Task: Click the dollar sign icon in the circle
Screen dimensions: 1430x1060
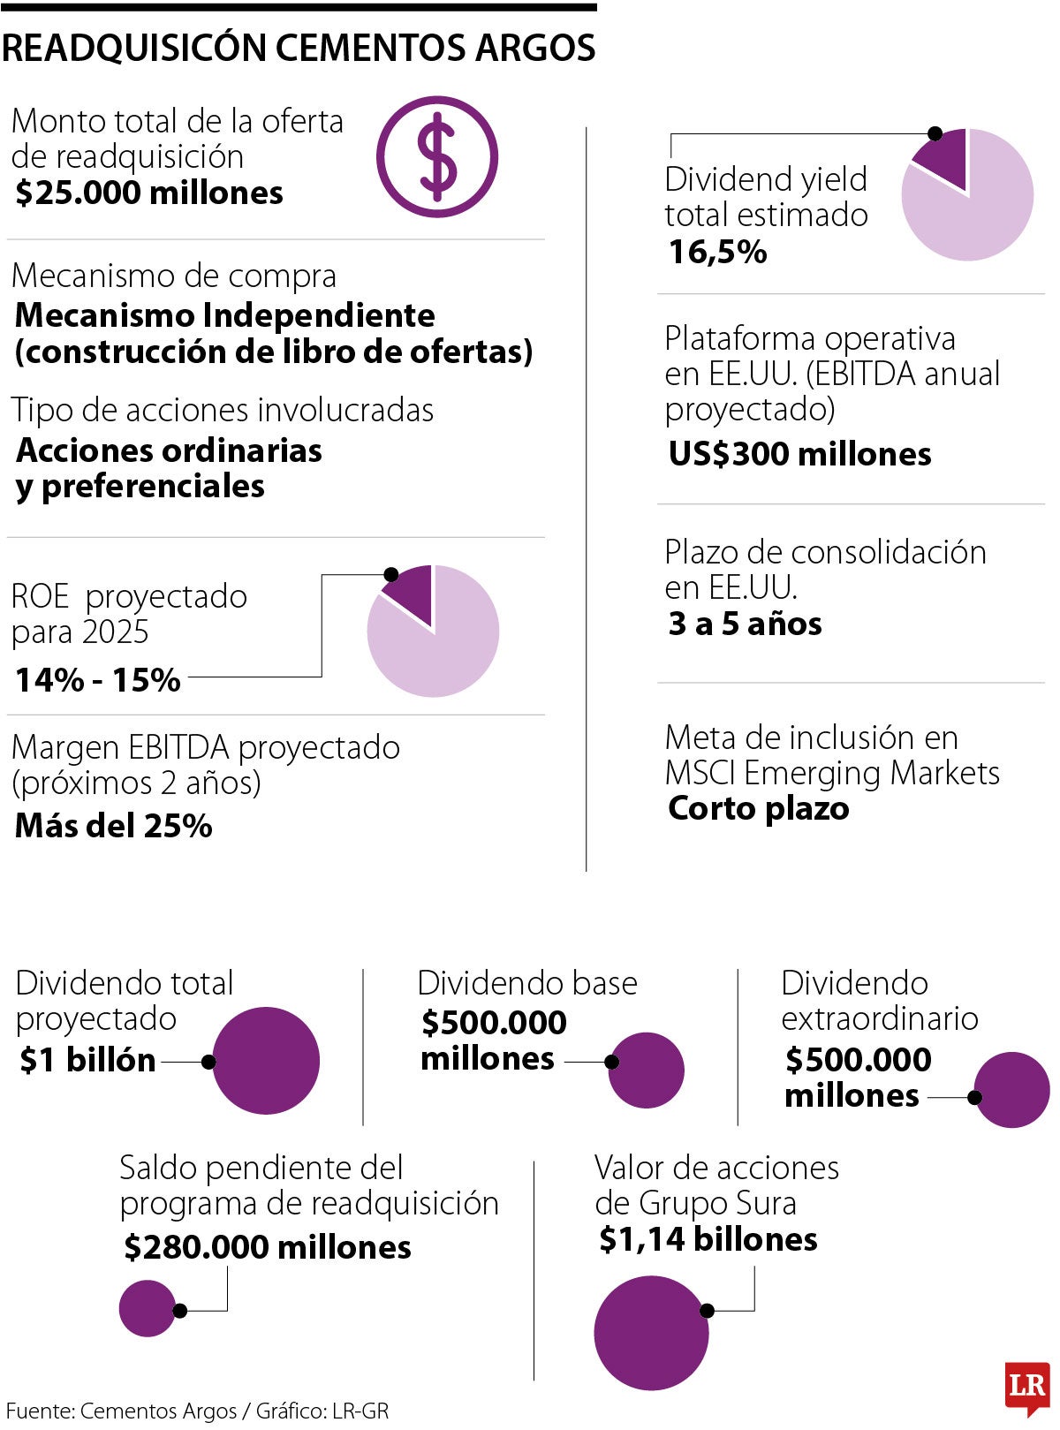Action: pyautogui.click(x=437, y=157)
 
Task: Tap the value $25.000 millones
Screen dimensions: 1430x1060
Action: pyautogui.click(x=149, y=193)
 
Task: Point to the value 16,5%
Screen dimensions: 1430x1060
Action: pyautogui.click(x=717, y=253)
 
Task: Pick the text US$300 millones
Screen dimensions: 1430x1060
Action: pyautogui.click(x=799, y=454)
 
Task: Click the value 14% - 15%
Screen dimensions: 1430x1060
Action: pyautogui.click(x=98, y=680)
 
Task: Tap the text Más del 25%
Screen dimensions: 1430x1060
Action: pyautogui.click(x=114, y=826)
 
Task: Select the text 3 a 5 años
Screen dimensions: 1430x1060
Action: pyautogui.click(x=745, y=624)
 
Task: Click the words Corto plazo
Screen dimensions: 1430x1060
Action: pyautogui.click(x=758, y=808)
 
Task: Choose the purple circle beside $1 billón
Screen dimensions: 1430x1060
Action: pyautogui.click(x=266, y=1060)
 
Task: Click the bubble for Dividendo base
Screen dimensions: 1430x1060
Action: pyautogui.click(x=647, y=1070)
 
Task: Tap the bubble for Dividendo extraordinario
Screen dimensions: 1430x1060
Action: pyautogui.click(x=1012, y=1090)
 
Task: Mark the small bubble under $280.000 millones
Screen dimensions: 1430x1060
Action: pyautogui.click(x=148, y=1308)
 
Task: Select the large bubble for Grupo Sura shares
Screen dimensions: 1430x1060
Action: pyautogui.click(x=651, y=1333)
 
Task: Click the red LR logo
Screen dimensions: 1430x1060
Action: pyautogui.click(x=1027, y=1385)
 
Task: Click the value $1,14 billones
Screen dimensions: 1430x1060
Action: pyautogui.click(x=708, y=1239)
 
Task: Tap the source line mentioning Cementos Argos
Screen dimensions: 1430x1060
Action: pyautogui.click(x=197, y=1411)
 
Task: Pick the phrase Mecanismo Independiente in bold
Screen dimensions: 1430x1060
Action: pyautogui.click(x=225, y=315)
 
